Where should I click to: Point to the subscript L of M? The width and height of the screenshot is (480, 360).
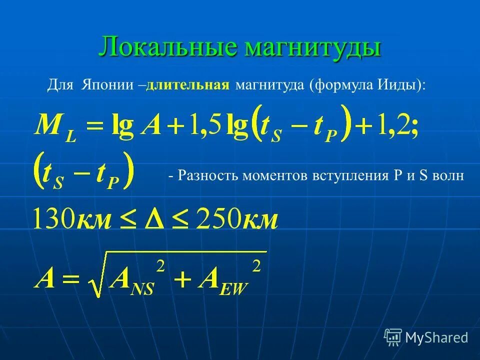click(x=71, y=136)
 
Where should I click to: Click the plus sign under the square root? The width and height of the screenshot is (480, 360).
click(x=178, y=278)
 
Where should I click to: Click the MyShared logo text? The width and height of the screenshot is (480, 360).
click(x=436, y=337)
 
